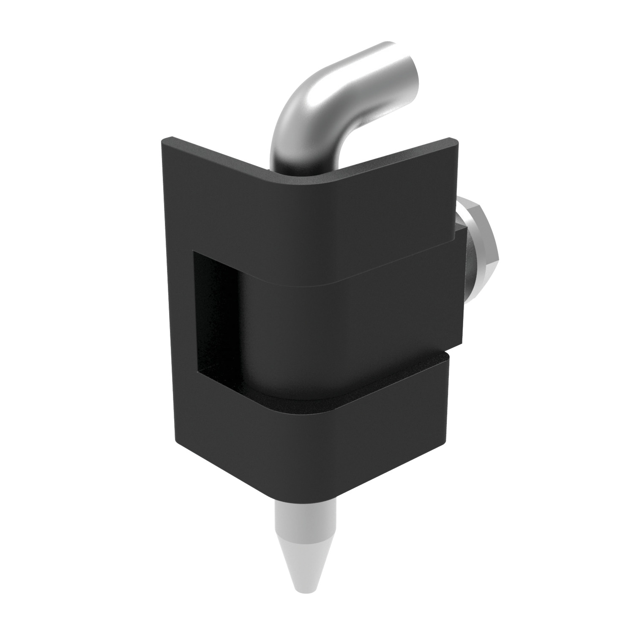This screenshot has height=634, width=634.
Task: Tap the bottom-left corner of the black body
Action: tap(178, 440)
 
